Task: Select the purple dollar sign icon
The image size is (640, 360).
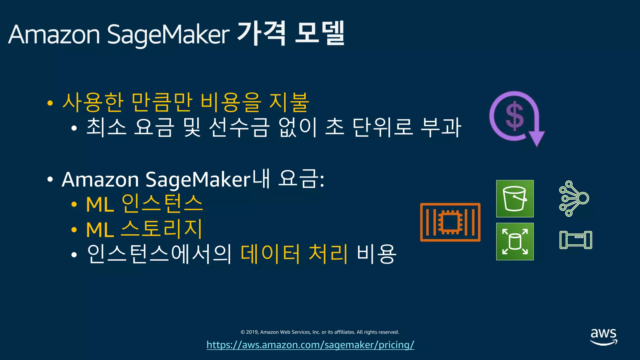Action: [514, 116]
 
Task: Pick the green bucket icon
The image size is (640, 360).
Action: [515, 198]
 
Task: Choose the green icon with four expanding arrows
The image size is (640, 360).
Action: [515, 241]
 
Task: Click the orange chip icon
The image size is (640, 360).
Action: [450, 222]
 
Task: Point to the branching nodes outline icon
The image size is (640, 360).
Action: [574, 198]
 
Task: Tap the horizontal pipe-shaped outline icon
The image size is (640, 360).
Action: [576, 240]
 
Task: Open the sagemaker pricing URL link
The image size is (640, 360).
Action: [310, 345]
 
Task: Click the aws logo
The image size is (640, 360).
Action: [603, 336]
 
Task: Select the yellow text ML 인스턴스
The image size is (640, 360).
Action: [144, 204]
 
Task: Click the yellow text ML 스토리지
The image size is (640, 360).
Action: [144, 229]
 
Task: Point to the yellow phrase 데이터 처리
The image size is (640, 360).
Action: [294, 253]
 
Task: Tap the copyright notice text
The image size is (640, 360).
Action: [320, 332]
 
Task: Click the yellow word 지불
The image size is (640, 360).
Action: [289, 102]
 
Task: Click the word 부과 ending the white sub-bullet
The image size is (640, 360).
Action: [441, 127]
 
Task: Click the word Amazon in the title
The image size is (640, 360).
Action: [54, 34]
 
